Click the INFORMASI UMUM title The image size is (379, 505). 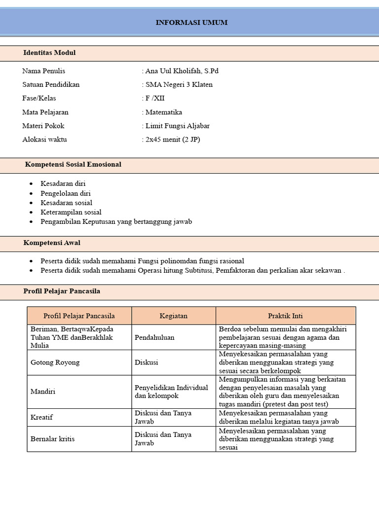coord(191,23)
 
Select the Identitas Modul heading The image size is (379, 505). coord(49,53)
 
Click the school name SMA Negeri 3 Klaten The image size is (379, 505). coord(178,85)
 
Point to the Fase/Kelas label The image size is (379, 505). coord(39,98)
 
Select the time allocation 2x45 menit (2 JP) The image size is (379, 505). coord(172,140)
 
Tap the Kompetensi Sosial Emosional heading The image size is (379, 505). coord(73,164)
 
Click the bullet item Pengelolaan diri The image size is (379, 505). coord(66,193)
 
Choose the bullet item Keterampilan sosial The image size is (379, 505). coord(71,212)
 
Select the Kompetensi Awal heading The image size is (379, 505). coord(52,243)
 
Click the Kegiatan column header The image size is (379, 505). coord(173,316)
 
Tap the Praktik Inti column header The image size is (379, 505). coord(285,316)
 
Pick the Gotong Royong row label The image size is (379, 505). coord(55,362)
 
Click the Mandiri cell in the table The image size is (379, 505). coord(43,392)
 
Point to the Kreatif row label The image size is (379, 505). coord(41,417)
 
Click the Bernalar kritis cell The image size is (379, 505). coord(53,438)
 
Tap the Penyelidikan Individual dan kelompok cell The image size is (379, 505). coord(171,392)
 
